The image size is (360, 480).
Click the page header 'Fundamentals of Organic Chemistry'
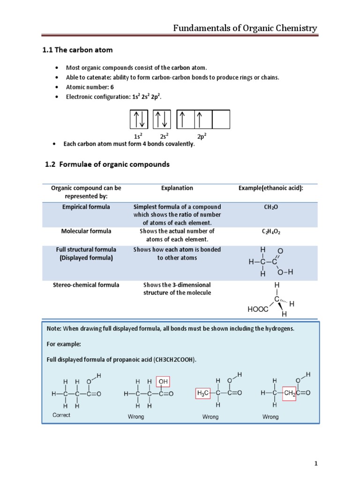coord(245,28)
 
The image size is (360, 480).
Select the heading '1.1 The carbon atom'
coord(77,50)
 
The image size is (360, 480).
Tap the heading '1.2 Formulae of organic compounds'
coord(107,165)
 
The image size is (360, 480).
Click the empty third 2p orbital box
coord(221,119)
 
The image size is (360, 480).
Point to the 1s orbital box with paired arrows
coord(139,119)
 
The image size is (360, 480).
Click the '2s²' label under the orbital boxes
coord(164,136)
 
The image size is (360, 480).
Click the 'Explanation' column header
coord(177,188)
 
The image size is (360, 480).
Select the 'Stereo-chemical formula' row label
coord(86,285)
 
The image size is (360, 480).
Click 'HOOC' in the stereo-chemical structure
coord(258,309)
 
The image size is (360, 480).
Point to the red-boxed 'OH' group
coord(163,382)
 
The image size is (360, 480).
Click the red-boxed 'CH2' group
coord(290,394)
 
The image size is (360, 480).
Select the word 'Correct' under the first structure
coord(61,415)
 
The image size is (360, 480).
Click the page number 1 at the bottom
coord(316,464)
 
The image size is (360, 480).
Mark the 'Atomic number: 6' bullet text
coord(90,87)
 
